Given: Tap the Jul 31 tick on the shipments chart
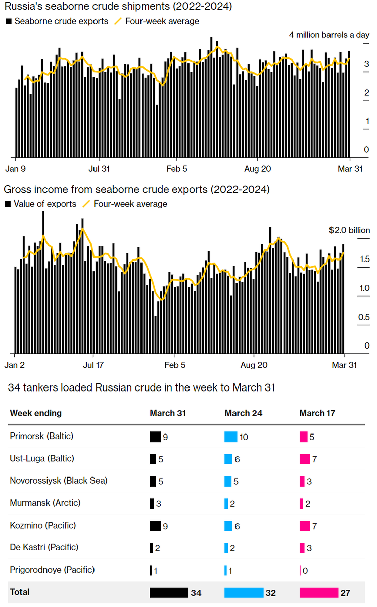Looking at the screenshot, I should tap(100, 169).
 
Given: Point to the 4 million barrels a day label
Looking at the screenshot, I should tap(329, 35).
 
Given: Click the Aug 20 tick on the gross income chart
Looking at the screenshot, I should tap(254, 365).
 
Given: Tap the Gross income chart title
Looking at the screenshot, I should tap(136, 190).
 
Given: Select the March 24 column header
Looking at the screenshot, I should tap(244, 413).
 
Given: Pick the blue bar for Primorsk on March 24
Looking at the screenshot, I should tap(230, 437).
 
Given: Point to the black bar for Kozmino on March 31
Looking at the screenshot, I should tap(155, 526).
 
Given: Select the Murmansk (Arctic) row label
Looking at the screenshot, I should tap(45, 503).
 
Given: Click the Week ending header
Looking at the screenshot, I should tap(35, 413).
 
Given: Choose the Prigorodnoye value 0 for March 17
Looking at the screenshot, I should tap(305, 571).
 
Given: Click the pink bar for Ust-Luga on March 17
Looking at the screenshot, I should tap(304, 459).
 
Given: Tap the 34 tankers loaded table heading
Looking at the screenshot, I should tap(142, 388).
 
